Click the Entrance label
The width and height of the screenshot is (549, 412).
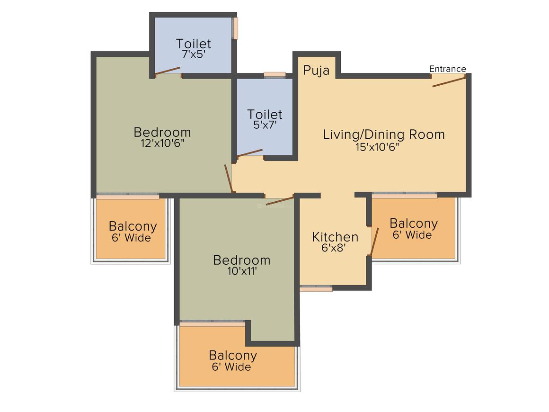(x=447, y=69)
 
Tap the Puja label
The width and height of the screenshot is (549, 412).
(x=316, y=71)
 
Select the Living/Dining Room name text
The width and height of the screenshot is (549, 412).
(x=384, y=134)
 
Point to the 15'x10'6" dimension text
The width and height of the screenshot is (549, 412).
(x=378, y=147)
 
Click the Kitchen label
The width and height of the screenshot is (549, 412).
(x=335, y=237)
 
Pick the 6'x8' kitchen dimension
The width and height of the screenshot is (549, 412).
(x=334, y=248)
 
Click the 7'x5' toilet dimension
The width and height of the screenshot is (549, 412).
(x=193, y=54)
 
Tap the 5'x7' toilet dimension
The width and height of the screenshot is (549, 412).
(x=265, y=125)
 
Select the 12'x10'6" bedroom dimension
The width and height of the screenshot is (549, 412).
(x=162, y=143)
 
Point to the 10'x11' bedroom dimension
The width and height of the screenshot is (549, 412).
(x=242, y=271)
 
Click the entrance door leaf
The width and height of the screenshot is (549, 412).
(x=449, y=81)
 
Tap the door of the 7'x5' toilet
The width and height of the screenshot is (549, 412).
(x=168, y=71)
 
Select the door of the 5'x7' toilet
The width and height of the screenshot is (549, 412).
(x=249, y=153)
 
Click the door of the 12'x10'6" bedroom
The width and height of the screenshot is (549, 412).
(x=228, y=179)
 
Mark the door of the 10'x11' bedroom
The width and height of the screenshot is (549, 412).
(x=280, y=201)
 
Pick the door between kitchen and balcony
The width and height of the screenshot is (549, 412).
(x=374, y=242)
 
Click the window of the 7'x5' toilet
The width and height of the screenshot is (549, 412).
(x=235, y=28)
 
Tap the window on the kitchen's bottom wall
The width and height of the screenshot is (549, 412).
(x=316, y=289)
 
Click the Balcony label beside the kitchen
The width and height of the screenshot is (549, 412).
(x=414, y=224)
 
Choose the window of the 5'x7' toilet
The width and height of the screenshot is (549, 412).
(x=275, y=75)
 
